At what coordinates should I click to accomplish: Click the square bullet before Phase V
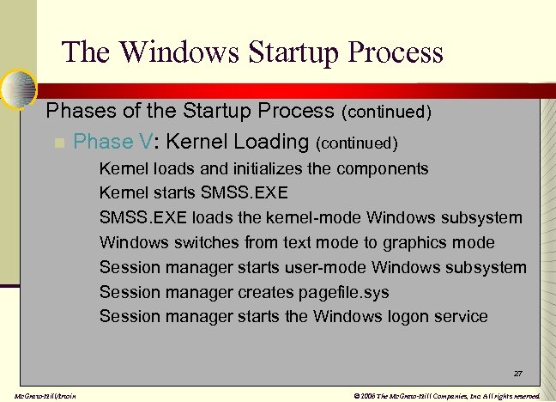pos(58,143)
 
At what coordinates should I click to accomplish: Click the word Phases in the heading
pos(75,111)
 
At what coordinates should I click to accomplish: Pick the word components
pos(382,168)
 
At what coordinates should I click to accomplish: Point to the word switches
pos(200,243)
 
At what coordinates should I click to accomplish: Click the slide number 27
pos(517,375)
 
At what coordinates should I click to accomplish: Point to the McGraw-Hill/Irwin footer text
pos(39,395)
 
